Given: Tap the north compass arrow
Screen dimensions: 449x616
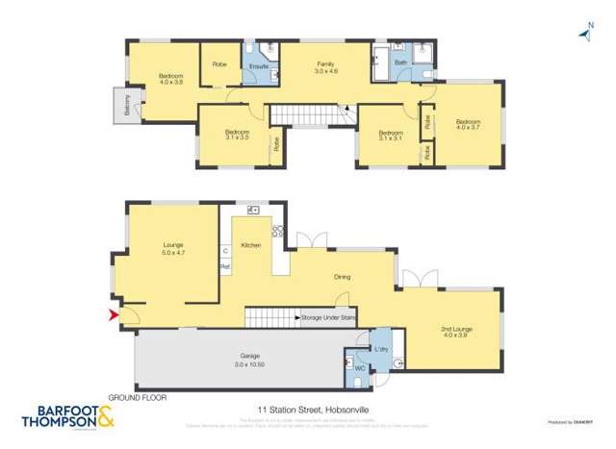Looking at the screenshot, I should tap(583, 35).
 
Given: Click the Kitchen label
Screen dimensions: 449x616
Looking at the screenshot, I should tap(251, 246).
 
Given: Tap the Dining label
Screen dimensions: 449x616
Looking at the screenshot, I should tap(343, 278).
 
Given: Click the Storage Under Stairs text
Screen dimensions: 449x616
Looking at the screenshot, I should tap(327, 316).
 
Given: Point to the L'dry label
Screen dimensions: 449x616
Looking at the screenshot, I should tap(381, 348).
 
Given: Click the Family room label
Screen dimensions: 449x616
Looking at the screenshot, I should tap(326, 67).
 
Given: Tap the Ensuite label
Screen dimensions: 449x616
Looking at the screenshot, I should tap(258, 66).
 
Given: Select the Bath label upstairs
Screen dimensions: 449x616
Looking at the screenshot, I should tap(399, 62).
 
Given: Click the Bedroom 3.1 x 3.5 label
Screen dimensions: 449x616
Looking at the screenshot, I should tap(237, 135).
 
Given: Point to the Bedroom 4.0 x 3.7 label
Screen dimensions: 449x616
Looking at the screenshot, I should tap(468, 124).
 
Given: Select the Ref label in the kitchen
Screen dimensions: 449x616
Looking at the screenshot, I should tap(224, 265).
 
